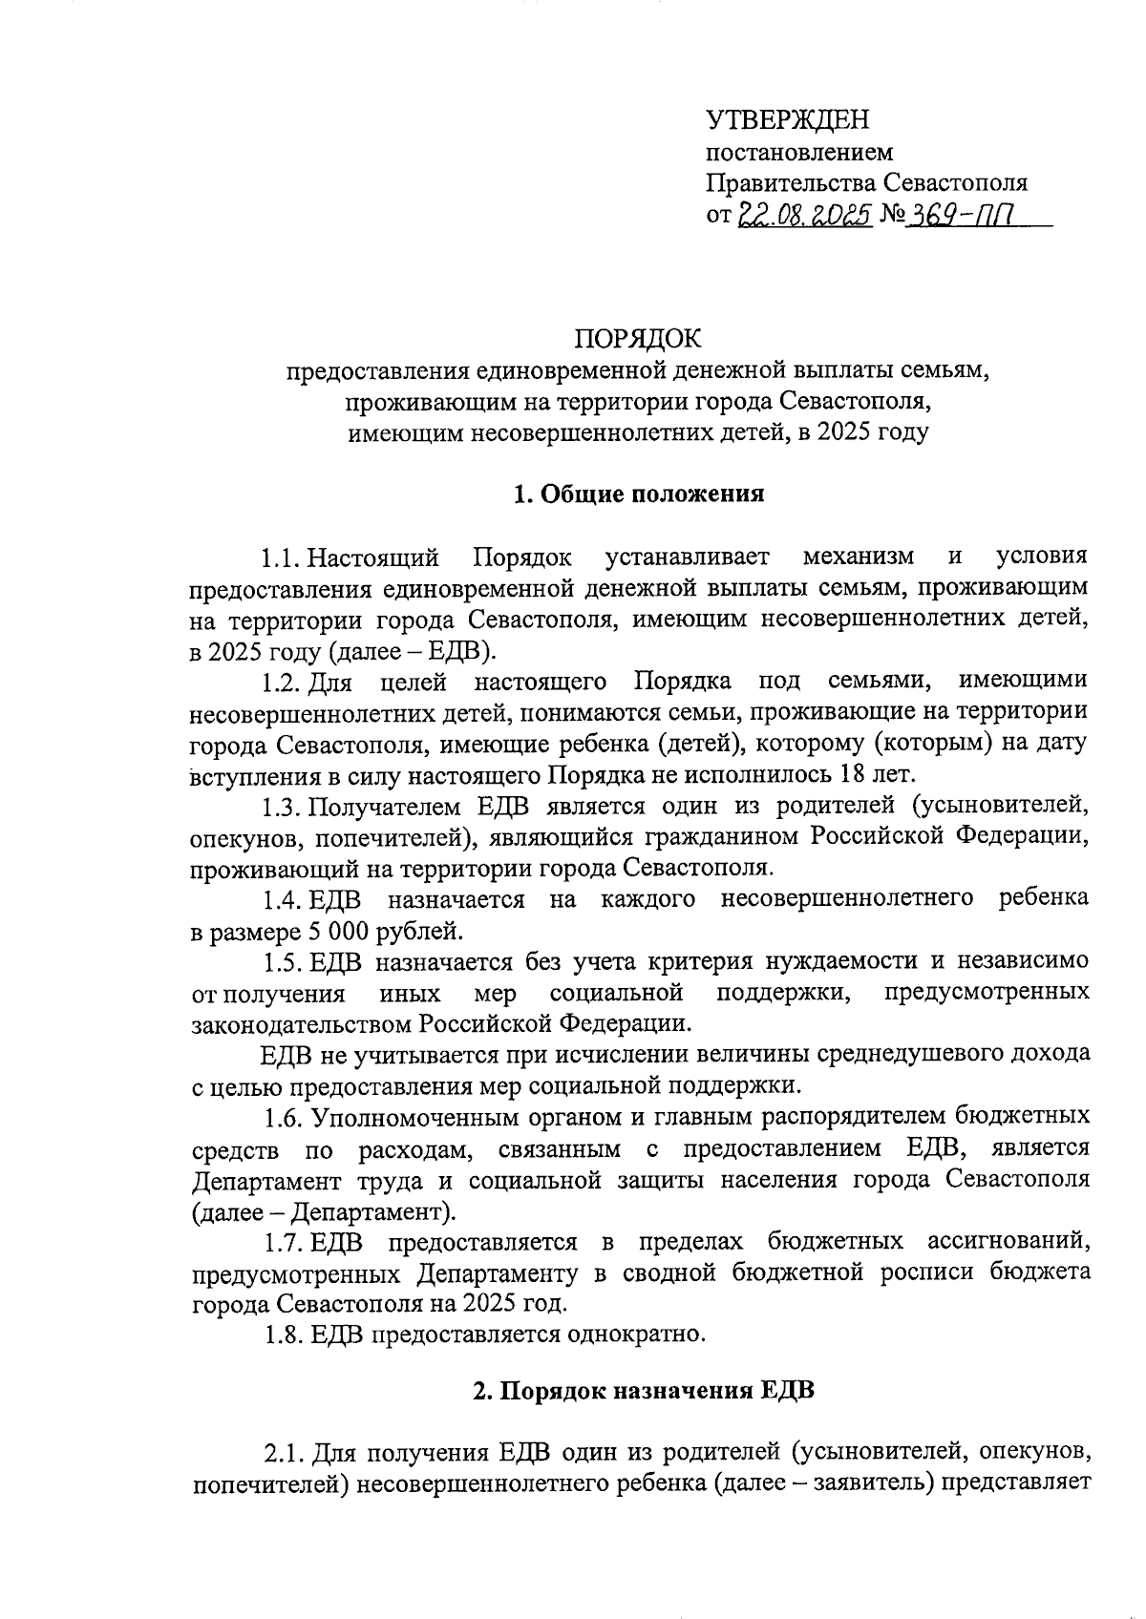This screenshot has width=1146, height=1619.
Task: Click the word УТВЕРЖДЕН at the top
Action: [788, 120]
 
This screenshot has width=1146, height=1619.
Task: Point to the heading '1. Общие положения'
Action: [639, 494]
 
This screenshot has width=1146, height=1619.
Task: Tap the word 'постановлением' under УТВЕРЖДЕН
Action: [799, 152]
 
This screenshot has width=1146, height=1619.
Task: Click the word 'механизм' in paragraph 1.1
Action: [859, 557]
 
